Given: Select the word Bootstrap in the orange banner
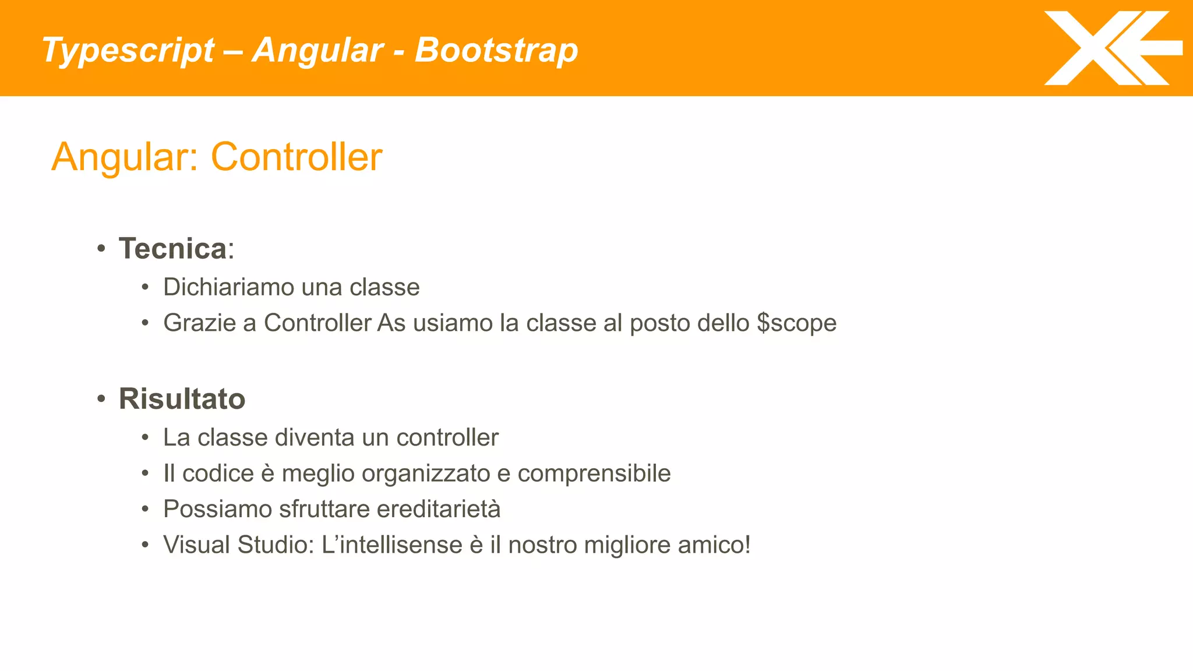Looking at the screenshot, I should pyautogui.click(x=496, y=50).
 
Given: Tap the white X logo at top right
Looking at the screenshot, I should pyautogui.click(x=1110, y=48).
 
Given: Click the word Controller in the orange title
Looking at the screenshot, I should pyautogui.click(x=296, y=157).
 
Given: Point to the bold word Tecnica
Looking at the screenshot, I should pyautogui.click(x=172, y=249).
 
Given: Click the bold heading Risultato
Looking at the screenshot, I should pyautogui.click(x=182, y=399).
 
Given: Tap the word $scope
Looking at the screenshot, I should pyautogui.click(x=796, y=323).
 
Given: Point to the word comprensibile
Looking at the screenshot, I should pyautogui.click(x=594, y=474).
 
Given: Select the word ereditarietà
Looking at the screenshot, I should pyautogui.click(x=438, y=509).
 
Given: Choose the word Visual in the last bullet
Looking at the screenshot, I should pyautogui.click(x=196, y=545).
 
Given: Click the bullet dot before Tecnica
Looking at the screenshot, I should pyautogui.click(x=101, y=249).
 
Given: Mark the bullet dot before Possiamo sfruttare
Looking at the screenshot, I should pyautogui.click(x=145, y=510).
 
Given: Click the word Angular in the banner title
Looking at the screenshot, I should pyautogui.click(x=317, y=51).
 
